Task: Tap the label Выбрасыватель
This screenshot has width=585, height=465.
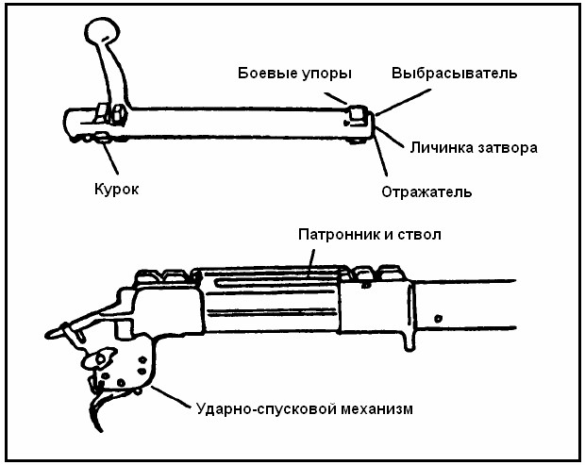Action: (x=454, y=73)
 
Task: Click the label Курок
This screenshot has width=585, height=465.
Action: (x=117, y=189)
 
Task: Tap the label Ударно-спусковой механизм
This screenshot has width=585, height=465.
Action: (x=304, y=409)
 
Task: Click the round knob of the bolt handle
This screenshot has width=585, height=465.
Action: (x=100, y=34)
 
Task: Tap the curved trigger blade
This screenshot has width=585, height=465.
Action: (x=98, y=409)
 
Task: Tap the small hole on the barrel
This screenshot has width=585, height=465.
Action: (x=437, y=317)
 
